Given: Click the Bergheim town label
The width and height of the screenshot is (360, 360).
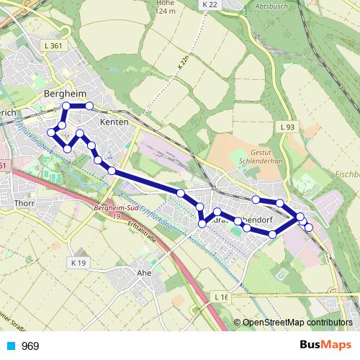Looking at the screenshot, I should point(66,94).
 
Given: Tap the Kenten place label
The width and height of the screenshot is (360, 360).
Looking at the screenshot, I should point(114,122).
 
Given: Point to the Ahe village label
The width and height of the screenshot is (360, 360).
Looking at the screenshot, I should point(144,274).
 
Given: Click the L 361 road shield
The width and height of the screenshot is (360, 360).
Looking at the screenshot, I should point(53,46).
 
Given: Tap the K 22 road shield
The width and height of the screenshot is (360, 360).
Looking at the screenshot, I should point(209,4).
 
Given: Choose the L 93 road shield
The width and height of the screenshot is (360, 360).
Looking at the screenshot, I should point(287,127).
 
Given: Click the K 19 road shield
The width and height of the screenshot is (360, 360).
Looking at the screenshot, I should point(78,264).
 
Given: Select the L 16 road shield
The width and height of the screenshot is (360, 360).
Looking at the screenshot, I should point(220,297).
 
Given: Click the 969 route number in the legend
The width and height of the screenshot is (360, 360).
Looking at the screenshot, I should point(30,346).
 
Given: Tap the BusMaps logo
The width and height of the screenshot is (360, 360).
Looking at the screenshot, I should point(325,345).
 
